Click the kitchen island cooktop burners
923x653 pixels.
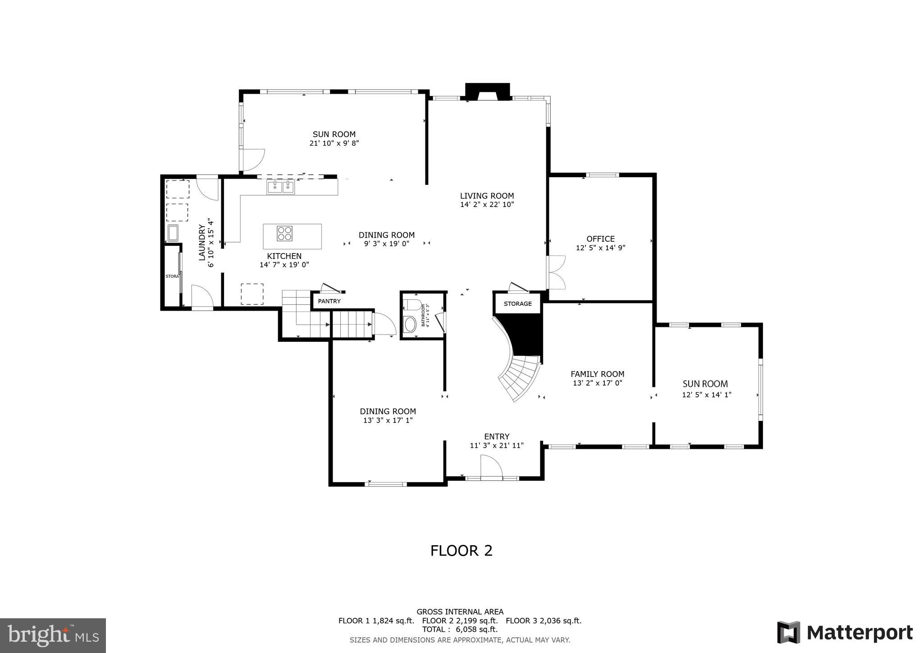[x=284, y=233]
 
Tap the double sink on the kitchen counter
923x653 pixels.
[x=280, y=187]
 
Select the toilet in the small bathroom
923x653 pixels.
[x=412, y=304]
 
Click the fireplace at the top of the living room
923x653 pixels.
[x=487, y=92]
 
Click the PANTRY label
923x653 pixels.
[x=329, y=301]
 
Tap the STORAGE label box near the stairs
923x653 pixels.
[x=517, y=304]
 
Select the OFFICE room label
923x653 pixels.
[x=600, y=239]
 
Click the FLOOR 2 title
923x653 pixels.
[x=461, y=551]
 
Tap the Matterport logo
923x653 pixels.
[x=845, y=633]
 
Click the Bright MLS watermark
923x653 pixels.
[x=53, y=635]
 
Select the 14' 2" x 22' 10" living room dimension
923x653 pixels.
[x=487, y=204]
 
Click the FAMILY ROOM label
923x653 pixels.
[x=597, y=374]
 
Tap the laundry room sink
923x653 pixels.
[x=173, y=233]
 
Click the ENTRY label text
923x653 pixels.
[x=497, y=437]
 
